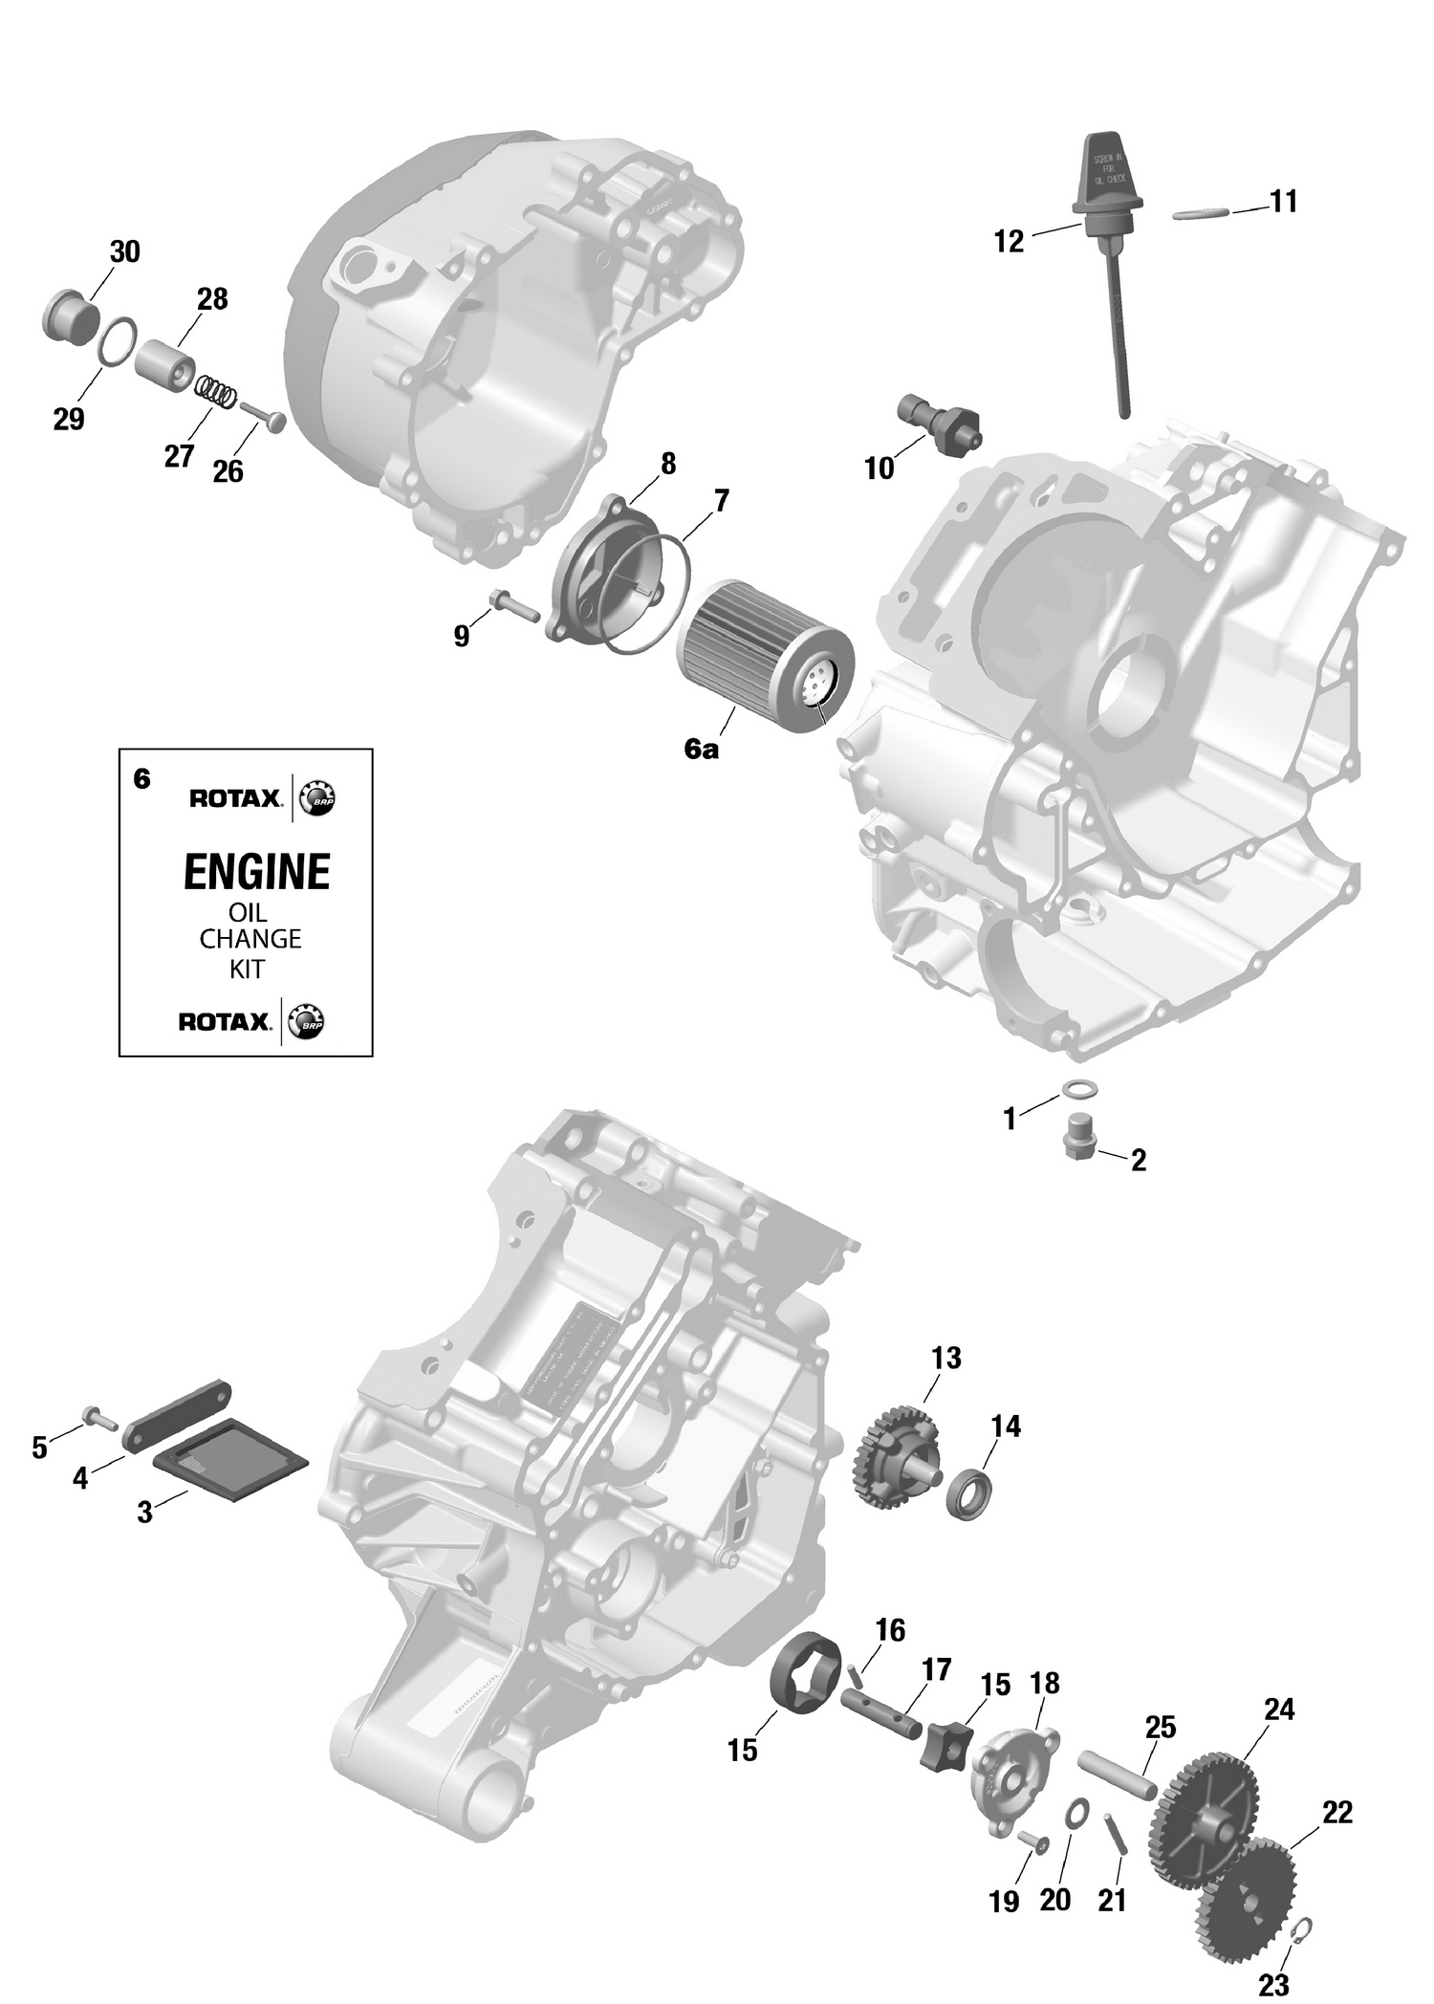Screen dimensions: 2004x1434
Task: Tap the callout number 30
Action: (124, 252)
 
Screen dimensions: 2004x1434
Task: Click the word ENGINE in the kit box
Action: (256, 872)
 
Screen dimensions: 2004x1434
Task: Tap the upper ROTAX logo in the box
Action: (235, 798)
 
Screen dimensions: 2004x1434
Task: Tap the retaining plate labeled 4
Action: (177, 1424)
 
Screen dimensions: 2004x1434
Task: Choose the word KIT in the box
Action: (246, 969)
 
